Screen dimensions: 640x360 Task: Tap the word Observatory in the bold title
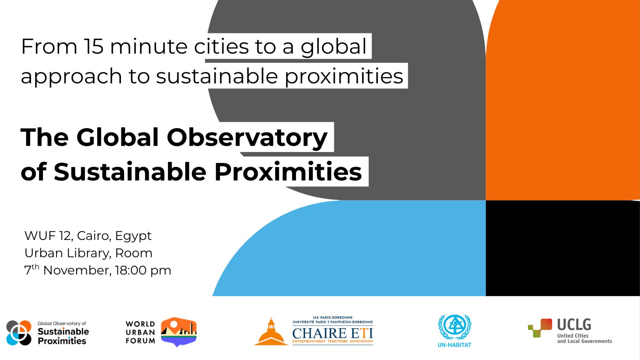[247, 137]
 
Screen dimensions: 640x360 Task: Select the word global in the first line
[334, 47]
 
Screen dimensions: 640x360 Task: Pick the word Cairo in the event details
[94, 236]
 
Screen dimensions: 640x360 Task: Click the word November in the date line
[77, 270]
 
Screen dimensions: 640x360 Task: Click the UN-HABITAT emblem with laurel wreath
[454, 327]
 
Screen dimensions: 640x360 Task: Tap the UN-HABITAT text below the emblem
[454, 345]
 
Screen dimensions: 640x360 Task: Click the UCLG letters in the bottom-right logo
[574, 324]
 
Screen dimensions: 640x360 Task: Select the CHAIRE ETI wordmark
[333, 333]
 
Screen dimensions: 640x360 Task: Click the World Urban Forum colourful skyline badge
[179, 332]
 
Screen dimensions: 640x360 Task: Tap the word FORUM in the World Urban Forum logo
[140, 341]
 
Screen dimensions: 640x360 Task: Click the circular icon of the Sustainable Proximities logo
[19, 333]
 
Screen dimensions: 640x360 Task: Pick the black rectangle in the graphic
[563, 248]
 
